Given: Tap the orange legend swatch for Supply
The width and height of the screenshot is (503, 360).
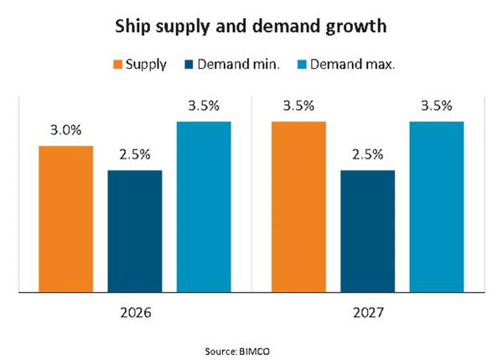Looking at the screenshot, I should coord(117,65).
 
